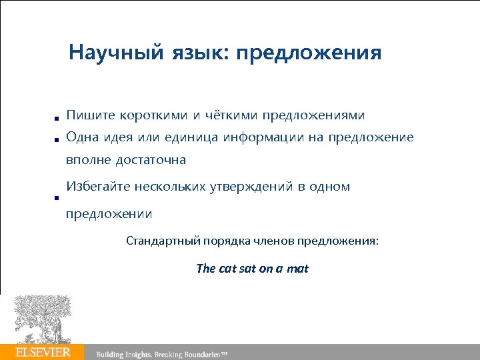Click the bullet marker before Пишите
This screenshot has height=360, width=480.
point(58,117)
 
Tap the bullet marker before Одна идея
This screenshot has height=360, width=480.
point(58,139)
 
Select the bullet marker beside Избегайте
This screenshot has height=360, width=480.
point(58,198)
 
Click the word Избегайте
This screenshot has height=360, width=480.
point(97,187)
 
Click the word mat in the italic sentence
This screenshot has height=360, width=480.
point(297,269)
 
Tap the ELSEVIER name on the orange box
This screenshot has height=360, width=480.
point(43,351)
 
